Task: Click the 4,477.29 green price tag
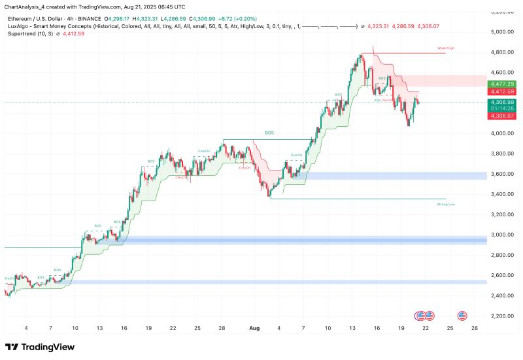coord(501,84)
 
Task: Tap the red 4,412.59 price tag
coord(501,91)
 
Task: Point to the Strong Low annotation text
coord(445,205)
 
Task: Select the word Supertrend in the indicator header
coord(23,33)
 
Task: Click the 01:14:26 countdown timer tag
coord(501,109)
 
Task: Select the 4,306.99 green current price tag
coord(501,103)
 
